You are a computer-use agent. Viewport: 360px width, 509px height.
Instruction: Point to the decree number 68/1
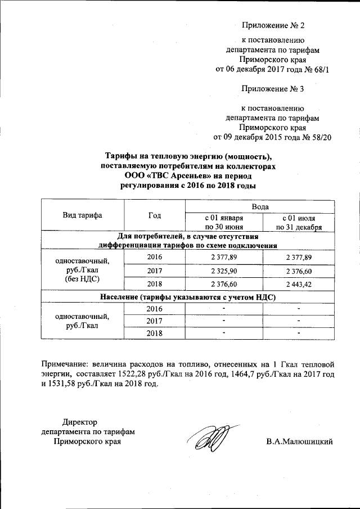pos(310,69)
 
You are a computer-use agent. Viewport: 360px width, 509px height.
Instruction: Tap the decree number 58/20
pos(310,137)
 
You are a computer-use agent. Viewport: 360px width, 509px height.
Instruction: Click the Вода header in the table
pos(256,207)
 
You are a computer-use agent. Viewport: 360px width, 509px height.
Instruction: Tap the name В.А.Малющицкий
pos(300,442)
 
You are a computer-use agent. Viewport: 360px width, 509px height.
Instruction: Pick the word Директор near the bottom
pos(80,422)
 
